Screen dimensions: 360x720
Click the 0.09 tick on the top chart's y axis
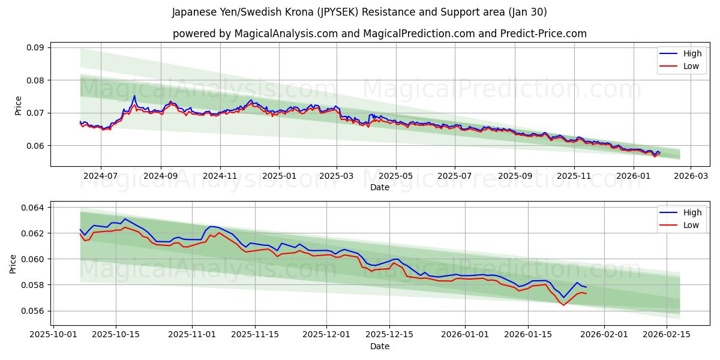pyautogui.click(x=35, y=48)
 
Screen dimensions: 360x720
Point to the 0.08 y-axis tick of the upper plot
pyautogui.click(x=35, y=80)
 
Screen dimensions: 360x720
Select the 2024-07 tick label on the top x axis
pyautogui.click(x=100, y=176)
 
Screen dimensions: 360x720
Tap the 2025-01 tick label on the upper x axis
pyautogui.click(x=279, y=176)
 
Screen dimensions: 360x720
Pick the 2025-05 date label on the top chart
pyautogui.click(x=396, y=176)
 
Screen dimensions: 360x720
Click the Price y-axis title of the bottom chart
pyautogui.click(x=13, y=263)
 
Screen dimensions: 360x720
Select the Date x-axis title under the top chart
pyautogui.click(x=380, y=187)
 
